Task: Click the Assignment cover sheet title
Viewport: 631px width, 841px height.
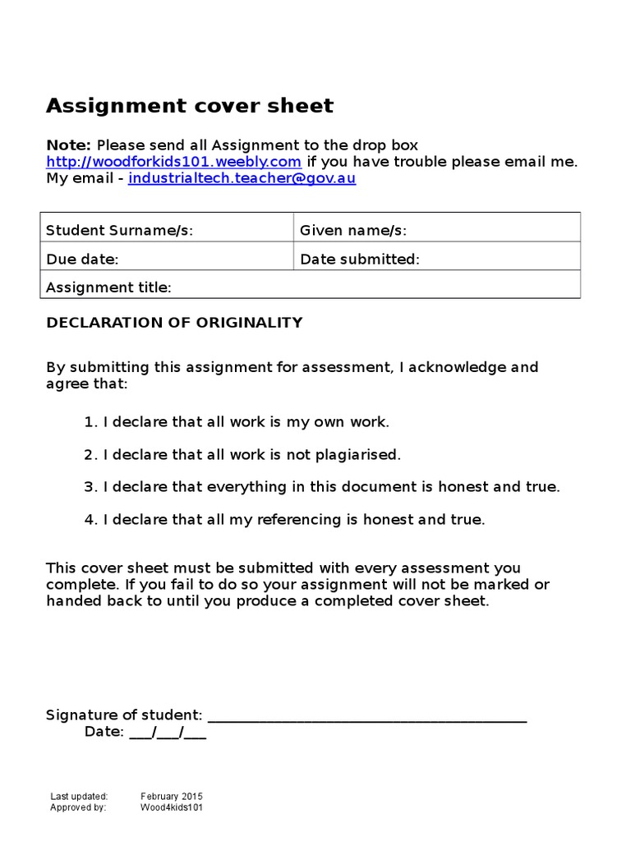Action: tap(190, 106)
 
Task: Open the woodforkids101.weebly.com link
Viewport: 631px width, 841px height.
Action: tap(173, 161)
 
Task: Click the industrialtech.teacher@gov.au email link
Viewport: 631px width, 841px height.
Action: tap(242, 177)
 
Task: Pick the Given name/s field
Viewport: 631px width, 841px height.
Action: tap(436, 231)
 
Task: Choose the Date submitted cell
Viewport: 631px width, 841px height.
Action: tap(436, 260)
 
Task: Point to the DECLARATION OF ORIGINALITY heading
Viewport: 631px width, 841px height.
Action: tap(174, 323)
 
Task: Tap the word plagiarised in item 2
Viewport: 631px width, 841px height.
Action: tap(358, 454)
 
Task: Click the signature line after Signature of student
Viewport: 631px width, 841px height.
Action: tap(367, 715)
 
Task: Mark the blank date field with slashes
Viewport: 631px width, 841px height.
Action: tap(168, 732)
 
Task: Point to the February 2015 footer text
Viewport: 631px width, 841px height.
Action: tap(171, 796)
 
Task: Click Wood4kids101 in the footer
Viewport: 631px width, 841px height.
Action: tap(171, 807)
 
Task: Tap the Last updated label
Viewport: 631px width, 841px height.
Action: tap(79, 796)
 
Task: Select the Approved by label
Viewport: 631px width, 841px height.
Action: tap(78, 807)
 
